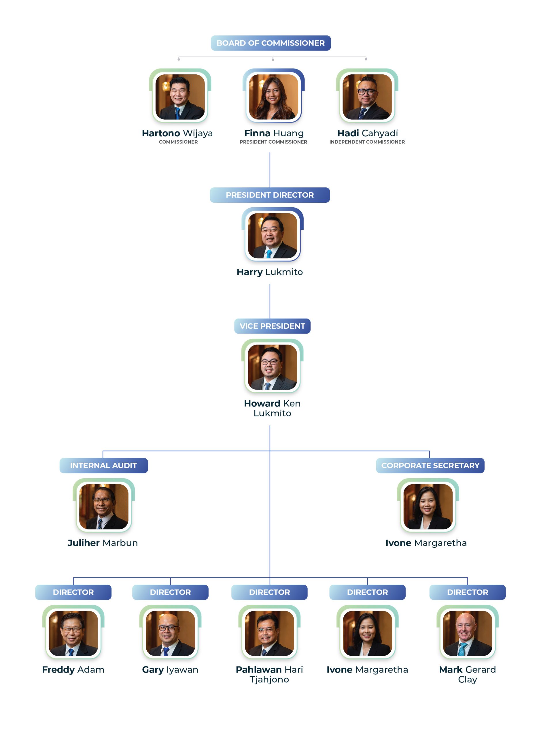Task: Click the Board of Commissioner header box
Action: click(270, 43)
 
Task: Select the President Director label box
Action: click(269, 195)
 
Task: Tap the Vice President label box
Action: click(272, 326)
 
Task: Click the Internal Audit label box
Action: click(103, 465)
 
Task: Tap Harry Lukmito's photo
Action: click(272, 235)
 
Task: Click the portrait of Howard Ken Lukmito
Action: click(272, 367)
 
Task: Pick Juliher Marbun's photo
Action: click(103, 506)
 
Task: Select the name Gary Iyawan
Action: click(170, 670)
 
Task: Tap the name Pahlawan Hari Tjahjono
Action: click(269, 674)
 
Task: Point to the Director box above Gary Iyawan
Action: click(170, 592)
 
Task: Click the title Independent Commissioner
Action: click(367, 142)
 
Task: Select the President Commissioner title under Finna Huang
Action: click(273, 142)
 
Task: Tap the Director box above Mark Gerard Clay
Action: click(467, 592)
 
